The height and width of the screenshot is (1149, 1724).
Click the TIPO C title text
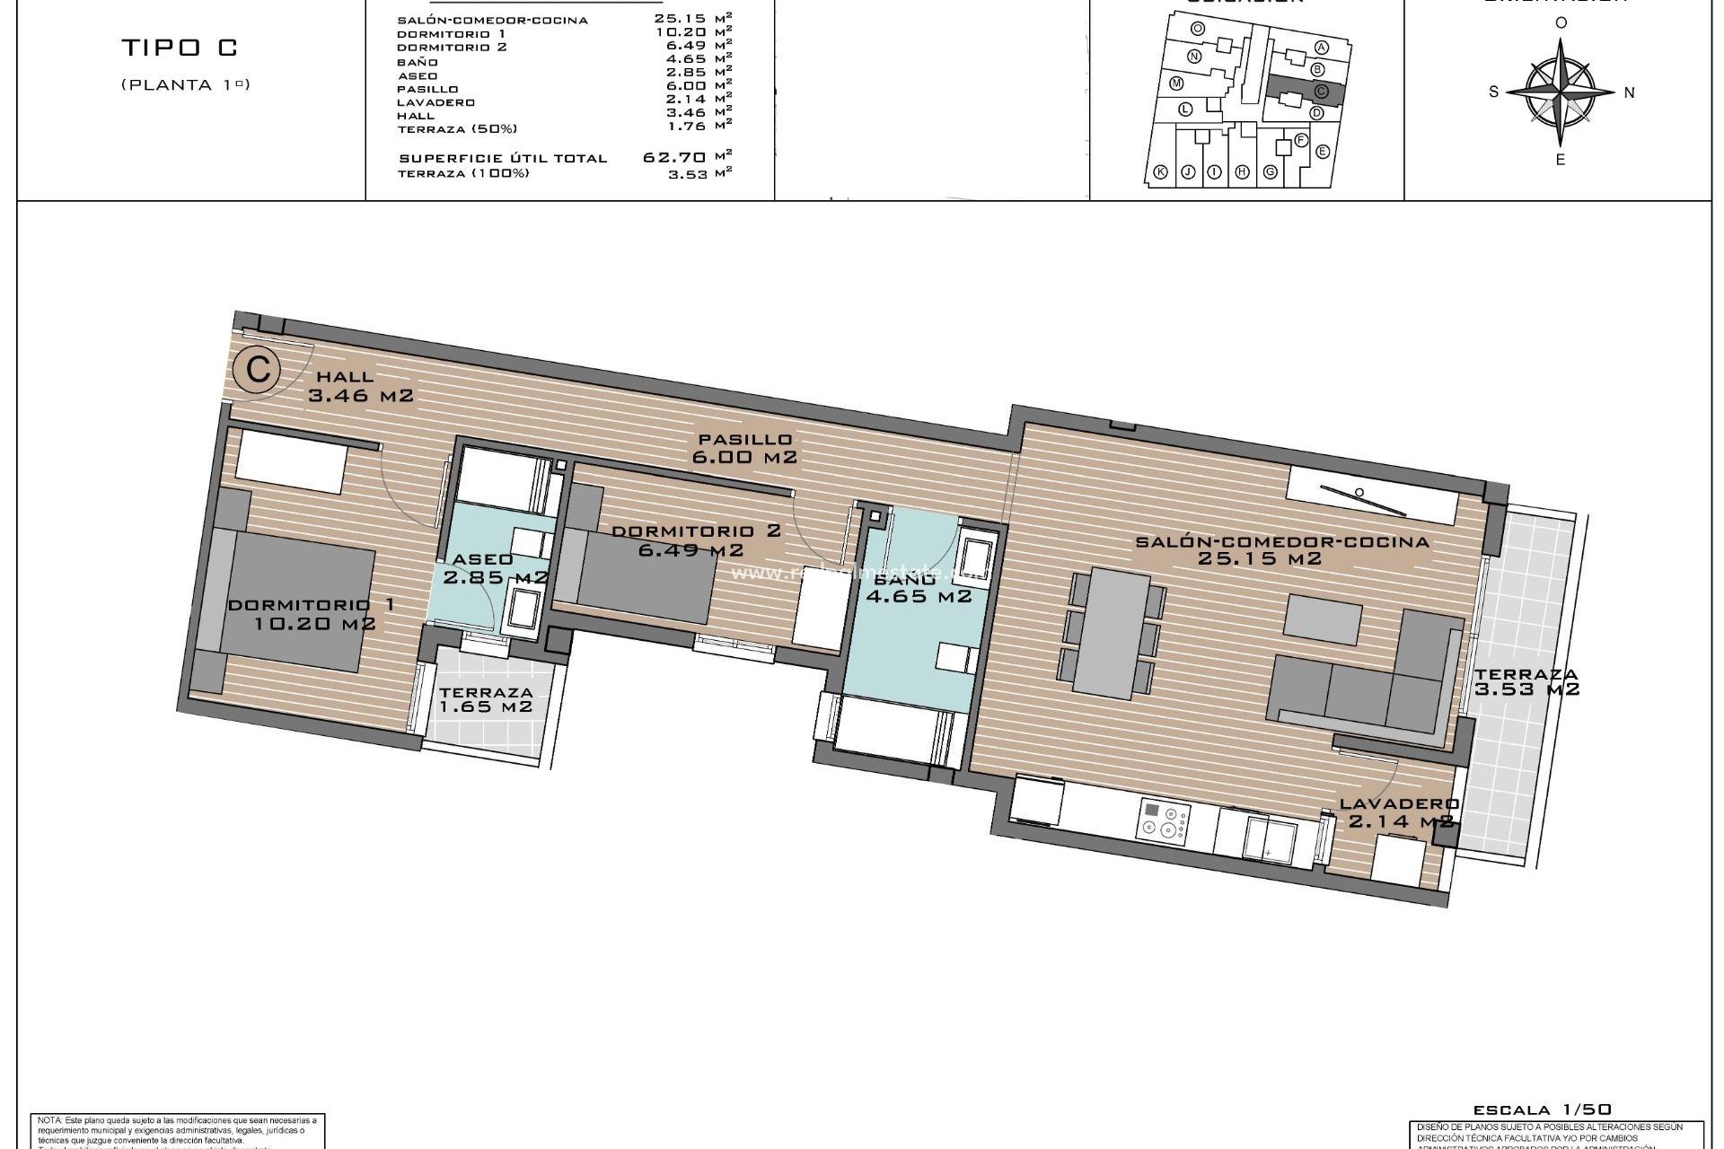[x=179, y=49]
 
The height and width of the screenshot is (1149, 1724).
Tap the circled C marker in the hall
[x=258, y=370]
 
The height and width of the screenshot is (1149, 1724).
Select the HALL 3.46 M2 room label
[x=359, y=386]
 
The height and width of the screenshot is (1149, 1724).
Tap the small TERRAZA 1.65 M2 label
[x=486, y=699]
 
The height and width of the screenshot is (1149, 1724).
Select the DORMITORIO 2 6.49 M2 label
[x=695, y=539]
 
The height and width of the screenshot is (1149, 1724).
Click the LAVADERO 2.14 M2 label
[x=1399, y=812]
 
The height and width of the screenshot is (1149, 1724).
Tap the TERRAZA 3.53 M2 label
[x=1526, y=681]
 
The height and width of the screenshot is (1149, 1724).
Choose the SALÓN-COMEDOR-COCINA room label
[x=1281, y=549]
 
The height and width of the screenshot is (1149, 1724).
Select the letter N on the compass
[x=1630, y=92]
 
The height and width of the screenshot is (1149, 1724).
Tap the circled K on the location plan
[x=1160, y=172]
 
